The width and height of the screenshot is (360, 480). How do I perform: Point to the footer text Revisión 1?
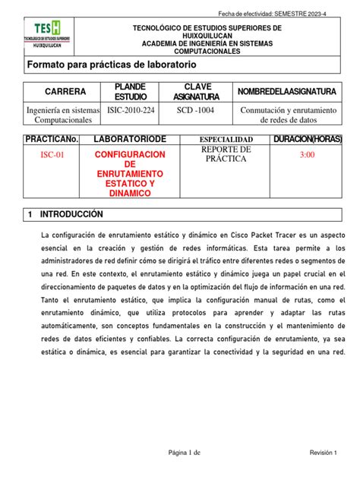322,453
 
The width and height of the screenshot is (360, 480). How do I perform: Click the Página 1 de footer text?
185,453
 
